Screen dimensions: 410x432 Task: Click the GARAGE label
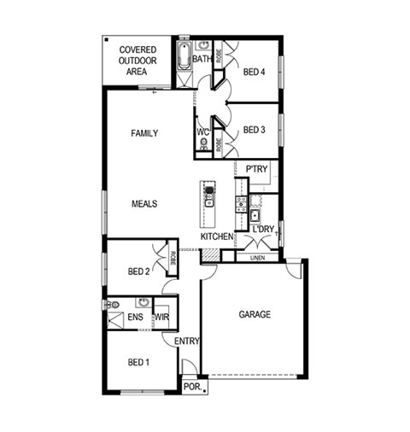pos(255,314)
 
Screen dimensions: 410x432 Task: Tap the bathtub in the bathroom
pos(184,55)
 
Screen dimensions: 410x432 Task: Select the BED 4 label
pos(254,72)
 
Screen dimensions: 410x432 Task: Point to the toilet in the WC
pos(204,143)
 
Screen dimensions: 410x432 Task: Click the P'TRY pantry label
pos(256,169)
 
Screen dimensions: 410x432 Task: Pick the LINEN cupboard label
pos(258,258)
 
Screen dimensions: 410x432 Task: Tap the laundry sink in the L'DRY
pos(255,215)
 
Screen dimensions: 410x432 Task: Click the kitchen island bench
pos(208,204)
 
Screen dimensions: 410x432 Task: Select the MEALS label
pos(144,204)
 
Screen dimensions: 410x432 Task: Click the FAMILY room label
pos(144,133)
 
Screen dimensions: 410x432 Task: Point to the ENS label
pos(136,317)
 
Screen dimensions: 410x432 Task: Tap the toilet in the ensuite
pos(111,305)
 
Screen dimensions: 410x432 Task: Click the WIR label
pos(161,317)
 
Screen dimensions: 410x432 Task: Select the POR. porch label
pos(193,387)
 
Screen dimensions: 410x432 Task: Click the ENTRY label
pos(187,341)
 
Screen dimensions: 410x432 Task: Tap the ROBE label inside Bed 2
pos(173,258)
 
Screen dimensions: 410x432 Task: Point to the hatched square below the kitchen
pos(210,255)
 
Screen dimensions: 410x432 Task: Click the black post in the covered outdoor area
pos(106,39)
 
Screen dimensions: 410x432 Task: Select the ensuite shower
pos(115,320)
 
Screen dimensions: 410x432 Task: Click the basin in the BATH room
pos(203,45)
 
